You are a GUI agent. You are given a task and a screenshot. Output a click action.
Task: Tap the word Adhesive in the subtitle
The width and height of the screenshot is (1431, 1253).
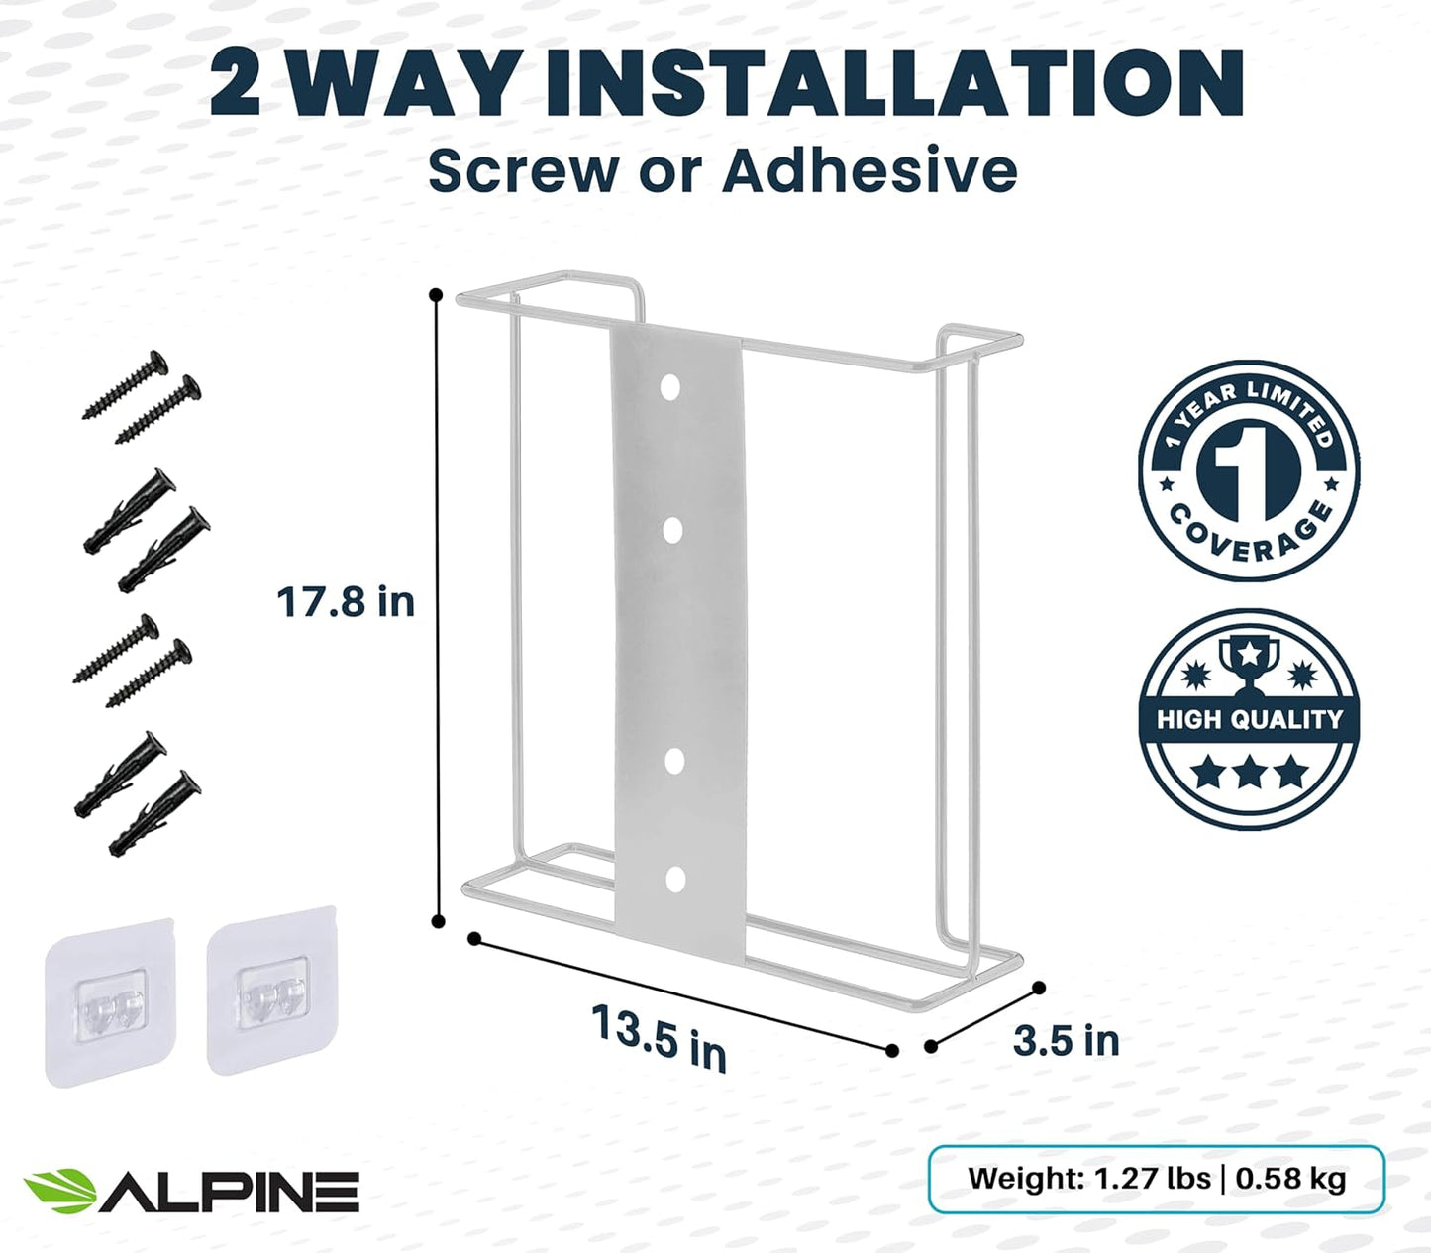pyautogui.click(x=869, y=170)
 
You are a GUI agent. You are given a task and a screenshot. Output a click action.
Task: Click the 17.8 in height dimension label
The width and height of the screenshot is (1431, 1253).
pyautogui.click(x=345, y=602)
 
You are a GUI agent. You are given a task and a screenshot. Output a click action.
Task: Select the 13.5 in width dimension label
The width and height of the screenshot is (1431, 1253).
pyautogui.click(x=659, y=1036)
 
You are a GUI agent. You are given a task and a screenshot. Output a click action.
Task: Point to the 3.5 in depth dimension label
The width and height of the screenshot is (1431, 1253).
pyautogui.click(x=1067, y=1040)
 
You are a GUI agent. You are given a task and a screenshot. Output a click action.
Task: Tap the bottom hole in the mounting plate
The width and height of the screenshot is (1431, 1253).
pyautogui.click(x=675, y=879)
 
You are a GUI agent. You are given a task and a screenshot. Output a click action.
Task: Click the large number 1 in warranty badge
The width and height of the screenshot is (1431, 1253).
pyautogui.click(x=1248, y=469)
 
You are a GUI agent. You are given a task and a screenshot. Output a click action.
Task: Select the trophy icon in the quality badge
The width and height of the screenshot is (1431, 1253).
pyautogui.click(x=1249, y=661)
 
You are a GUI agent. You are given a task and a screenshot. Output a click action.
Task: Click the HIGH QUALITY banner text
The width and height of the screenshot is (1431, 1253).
pyautogui.click(x=1249, y=719)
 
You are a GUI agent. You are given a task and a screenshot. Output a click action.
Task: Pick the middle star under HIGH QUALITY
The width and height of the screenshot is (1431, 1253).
pyautogui.click(x=1248, y=772)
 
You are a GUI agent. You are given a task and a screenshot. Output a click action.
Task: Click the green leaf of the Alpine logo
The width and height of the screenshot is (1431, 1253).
pyautogui.click(x=59, y=1191)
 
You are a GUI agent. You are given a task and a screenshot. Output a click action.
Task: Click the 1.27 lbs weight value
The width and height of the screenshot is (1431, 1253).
pyautogui.click(x=1152, y=1179)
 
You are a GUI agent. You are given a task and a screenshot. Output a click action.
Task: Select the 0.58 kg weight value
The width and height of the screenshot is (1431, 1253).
pyautogui.click(x=1290, y=1179)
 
